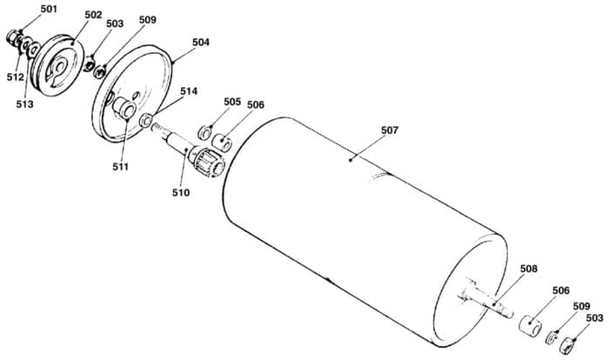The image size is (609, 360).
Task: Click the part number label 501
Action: [x=49, y=9]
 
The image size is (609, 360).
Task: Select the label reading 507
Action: [x=390, y=130]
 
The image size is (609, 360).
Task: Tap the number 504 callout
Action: [x=201, y=42]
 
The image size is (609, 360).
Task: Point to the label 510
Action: [x=181, y=192]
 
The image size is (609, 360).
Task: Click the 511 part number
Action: [x=120, y=167]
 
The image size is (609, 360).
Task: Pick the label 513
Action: [x=24, y=104]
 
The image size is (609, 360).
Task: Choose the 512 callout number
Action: [x=15, y=77]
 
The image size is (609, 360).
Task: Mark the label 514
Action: [x=189, y=91]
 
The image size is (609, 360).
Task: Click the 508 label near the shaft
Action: [x=529, y=269]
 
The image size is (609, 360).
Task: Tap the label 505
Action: [x=232, y=102]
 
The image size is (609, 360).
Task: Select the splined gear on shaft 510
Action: [x=206, y=162]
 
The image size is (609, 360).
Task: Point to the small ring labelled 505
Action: [x=204, y=133]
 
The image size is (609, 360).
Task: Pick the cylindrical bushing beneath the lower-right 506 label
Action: [x=530, y=325]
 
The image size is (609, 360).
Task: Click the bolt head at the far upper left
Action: [x=13, y=37]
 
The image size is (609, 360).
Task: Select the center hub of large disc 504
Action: [x=124, y=108]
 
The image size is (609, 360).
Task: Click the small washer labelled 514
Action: [x=145, y=120]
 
